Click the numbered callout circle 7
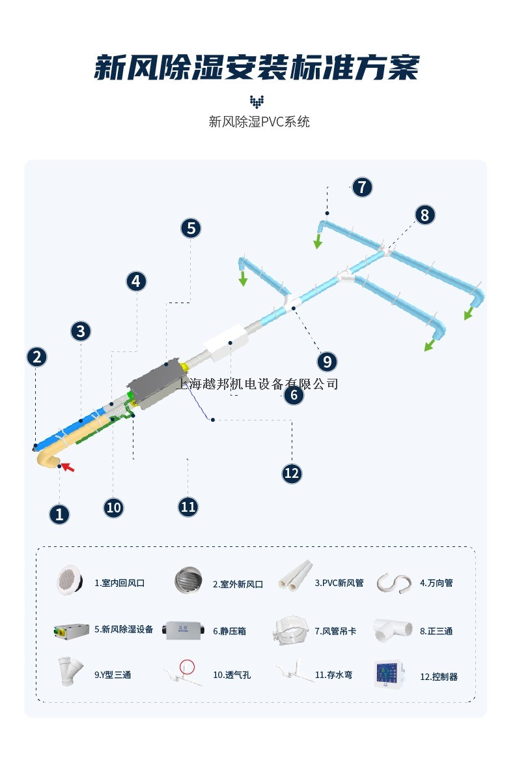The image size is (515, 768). [x=362, y=187]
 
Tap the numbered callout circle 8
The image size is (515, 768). [x=425, y=214]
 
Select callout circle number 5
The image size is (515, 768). [x=191, y=228]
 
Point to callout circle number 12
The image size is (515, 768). [x=292, y=473]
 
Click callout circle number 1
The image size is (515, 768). [x=59, y=514]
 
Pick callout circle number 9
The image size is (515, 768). [x=327, y=362]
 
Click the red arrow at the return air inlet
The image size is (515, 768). [x=68, y=467]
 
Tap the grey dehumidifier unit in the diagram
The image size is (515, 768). [x=156, y=385]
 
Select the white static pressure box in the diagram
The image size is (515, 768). [x=225, y=342]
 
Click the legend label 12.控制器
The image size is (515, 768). [x=439, y=677]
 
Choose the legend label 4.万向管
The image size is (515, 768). [x=436, y=583]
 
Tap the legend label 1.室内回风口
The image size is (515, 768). [x=119, y=583]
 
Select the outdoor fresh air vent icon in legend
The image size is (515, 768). [x=188, y=580]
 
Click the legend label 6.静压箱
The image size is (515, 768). [x=229, y=631]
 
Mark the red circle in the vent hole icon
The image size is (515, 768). [x=187, y=666]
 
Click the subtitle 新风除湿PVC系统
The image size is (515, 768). [x=259, y=121]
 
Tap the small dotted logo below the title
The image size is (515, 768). [x=257, y=102]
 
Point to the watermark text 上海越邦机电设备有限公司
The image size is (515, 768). [x=257, y=383]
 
